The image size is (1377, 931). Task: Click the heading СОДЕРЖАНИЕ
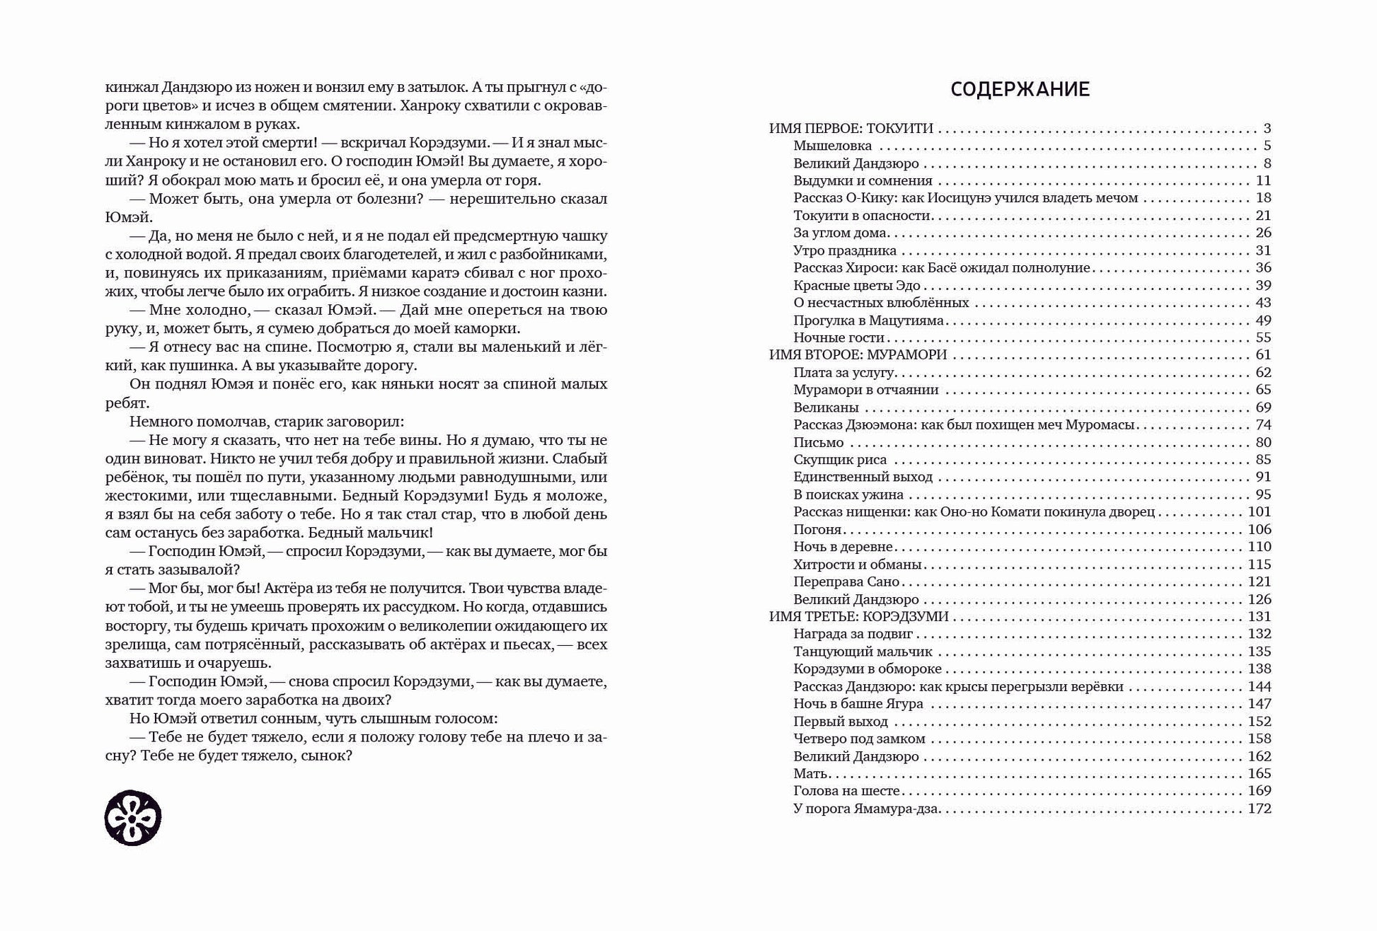click(x=1020, y=90)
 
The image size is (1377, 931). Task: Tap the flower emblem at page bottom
click(x=133, y=818)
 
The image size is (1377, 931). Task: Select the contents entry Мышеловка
click(x=832, y=146)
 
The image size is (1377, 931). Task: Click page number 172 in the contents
click(x=1260, y=809)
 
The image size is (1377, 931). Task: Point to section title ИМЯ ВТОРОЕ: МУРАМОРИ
click(x=858, y=354)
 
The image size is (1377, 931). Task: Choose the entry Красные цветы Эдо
click(x=857, y=285)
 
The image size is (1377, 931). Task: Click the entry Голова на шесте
click(x=846, y=791)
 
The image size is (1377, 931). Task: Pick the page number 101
click(x=1260, y=511)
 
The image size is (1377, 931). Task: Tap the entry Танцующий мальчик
click(x=863, y=652)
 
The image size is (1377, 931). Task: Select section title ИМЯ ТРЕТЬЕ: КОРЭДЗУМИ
click(x=859, y=616)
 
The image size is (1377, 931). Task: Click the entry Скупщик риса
click(x=840, y=460)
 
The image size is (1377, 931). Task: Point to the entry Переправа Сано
click(x=846, y=582)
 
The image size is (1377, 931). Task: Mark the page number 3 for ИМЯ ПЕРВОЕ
click(x=1267, y=129)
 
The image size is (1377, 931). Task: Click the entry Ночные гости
click(x=839, y=337)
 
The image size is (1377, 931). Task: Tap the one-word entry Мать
click(x=811, y=773)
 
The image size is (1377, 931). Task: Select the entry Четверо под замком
click(x=859, y=739)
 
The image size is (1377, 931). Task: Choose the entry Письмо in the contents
click(x=819, y=442)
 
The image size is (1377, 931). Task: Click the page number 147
click(x=1260, y=704)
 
